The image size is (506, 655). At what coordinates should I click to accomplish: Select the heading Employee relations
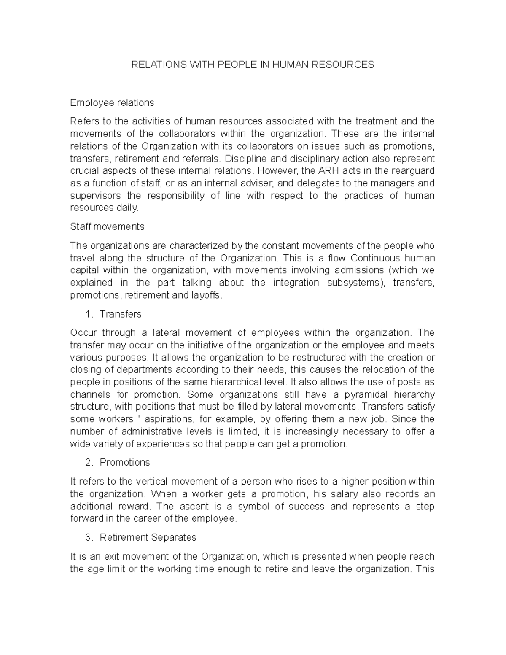tap(112, 102)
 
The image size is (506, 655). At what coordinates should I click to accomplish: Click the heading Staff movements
tap(107, 226)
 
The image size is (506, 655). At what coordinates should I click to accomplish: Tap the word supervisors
tap(95, 196)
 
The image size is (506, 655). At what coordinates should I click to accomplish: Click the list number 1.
tap(88, 314)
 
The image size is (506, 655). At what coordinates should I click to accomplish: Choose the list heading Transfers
tap(121, 314)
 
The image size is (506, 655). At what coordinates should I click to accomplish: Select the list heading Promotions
tap(125, 462)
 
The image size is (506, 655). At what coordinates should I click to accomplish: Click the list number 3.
tap(88, 537)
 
